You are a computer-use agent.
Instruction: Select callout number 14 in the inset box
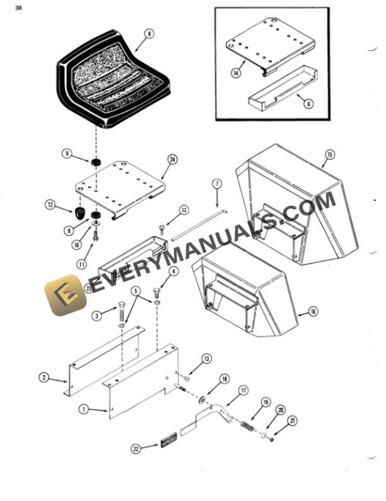[x=235, y=73]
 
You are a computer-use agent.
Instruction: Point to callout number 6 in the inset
[x=308, y=104]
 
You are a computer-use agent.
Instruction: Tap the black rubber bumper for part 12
[x=79, y=212]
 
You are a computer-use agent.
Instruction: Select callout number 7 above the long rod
[x=217, y=184]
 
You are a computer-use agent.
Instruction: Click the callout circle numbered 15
[x=329, y=154]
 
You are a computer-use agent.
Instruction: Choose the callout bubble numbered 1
[x=83, y=409]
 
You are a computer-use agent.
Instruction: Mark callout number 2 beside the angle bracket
[x=44, y=378]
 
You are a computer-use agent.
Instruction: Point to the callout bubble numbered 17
[x=243, y=390]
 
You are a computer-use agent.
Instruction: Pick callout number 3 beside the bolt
[x=96, y=315]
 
